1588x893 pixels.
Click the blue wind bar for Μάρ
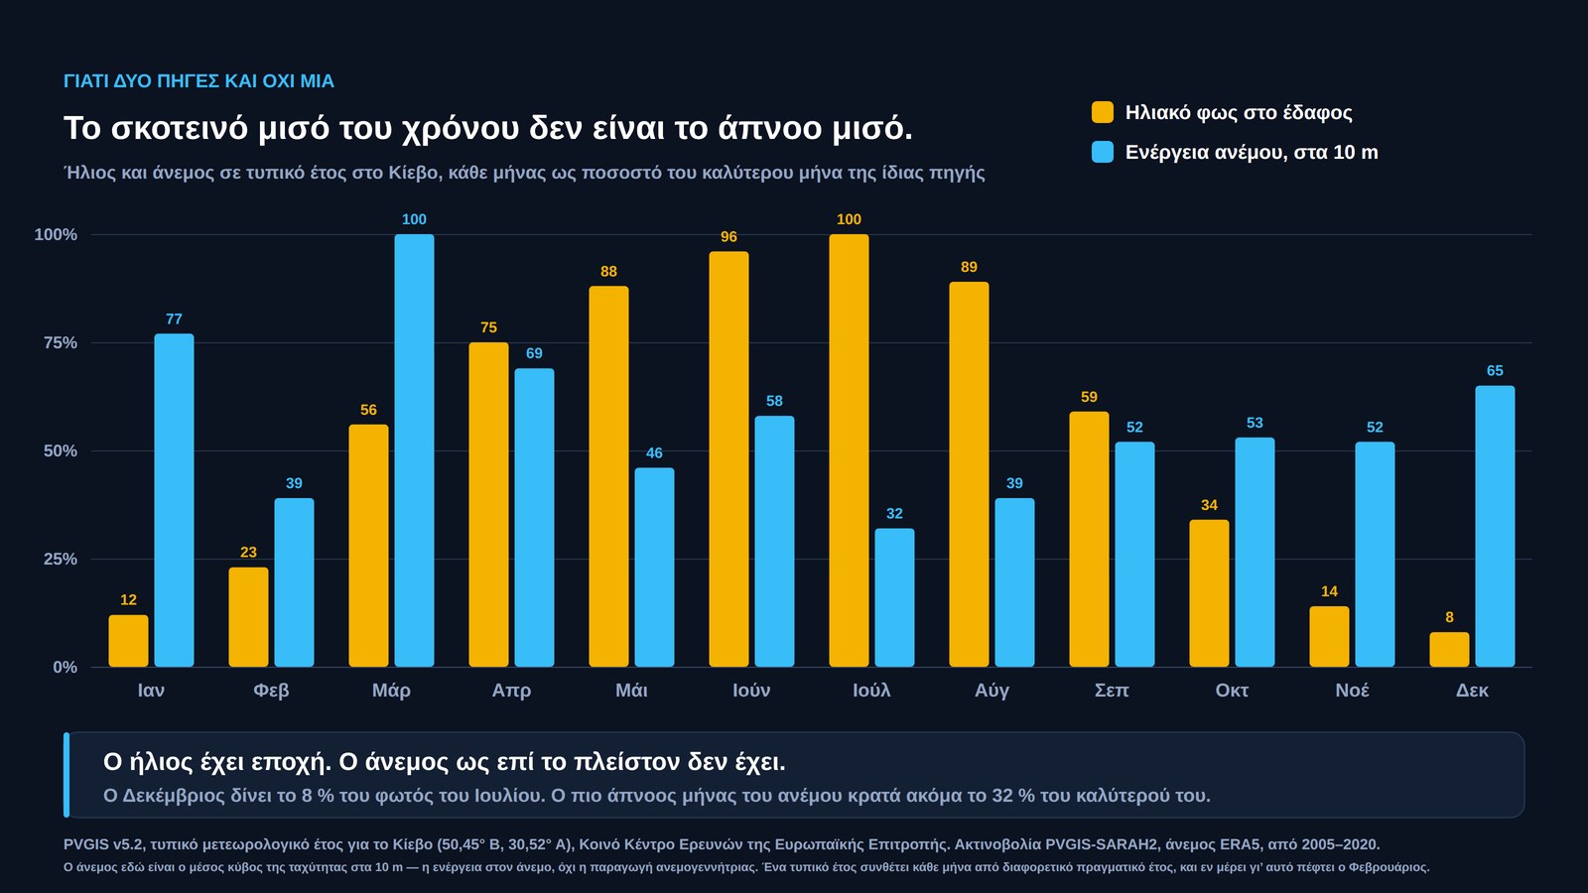pyautogui.click(x=414, y=450)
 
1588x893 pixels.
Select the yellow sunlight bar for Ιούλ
pyautogui.click(x=849, y=450)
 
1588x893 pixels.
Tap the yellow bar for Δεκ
pyautogui.click(x=1449, y=649)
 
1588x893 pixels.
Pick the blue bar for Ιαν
pyautogui.click(x=174, y=500)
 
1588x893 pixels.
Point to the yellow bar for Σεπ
pyautogui.click(x=1089, y=540)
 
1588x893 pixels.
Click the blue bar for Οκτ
pyautogui.click(x=1255, y=552)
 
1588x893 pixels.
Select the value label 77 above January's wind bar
pyautogui.click(x=174, y=319)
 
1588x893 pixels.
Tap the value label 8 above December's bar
pyautogui.click(x=1449, y=617)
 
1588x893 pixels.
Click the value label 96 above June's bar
pyautogui.click(x=728, y=237)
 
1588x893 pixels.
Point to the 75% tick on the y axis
pyautogui.click(x=61, y=343)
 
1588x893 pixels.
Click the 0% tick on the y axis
pyautogui.click(x=65, y=668)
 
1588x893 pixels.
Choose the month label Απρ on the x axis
pyautogui.click(x=511, y=691)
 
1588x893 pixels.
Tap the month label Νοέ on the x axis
pyautogui.click(x=1352, y=691)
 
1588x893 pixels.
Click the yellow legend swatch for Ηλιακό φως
pyautogui.click(x=1103, y=112)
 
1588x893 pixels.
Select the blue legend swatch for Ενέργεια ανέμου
pyautogui.click(x=1103, y=152)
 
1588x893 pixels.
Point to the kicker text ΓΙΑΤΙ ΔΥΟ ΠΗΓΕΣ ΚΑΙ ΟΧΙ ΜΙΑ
pyautogui.click(x=198, y=81)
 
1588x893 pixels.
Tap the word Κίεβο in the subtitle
pyautogui.click(x=413, y=173)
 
